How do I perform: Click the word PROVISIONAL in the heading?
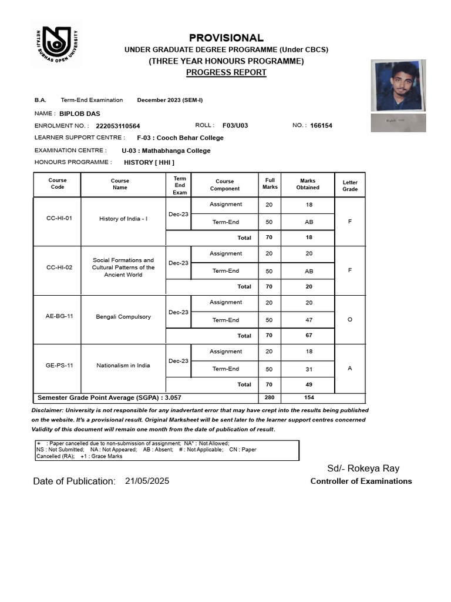(226, 38)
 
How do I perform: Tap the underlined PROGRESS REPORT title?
(226, 72)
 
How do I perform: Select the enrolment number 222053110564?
(118, 126)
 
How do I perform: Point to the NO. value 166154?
(321, 125)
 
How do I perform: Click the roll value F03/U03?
(235, 125)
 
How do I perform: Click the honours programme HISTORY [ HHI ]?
(149, 162)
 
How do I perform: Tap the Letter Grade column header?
(350, 186)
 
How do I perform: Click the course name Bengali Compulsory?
(123, 317)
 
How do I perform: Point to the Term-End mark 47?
(308, 320)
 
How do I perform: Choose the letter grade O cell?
(350, 320)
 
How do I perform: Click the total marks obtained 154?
(308, 398)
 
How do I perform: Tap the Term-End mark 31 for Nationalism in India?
(308, 369)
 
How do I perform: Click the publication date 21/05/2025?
(147, 481)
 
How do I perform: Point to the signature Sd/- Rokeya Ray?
(363, 468)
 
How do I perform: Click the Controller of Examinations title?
(361, 481)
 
